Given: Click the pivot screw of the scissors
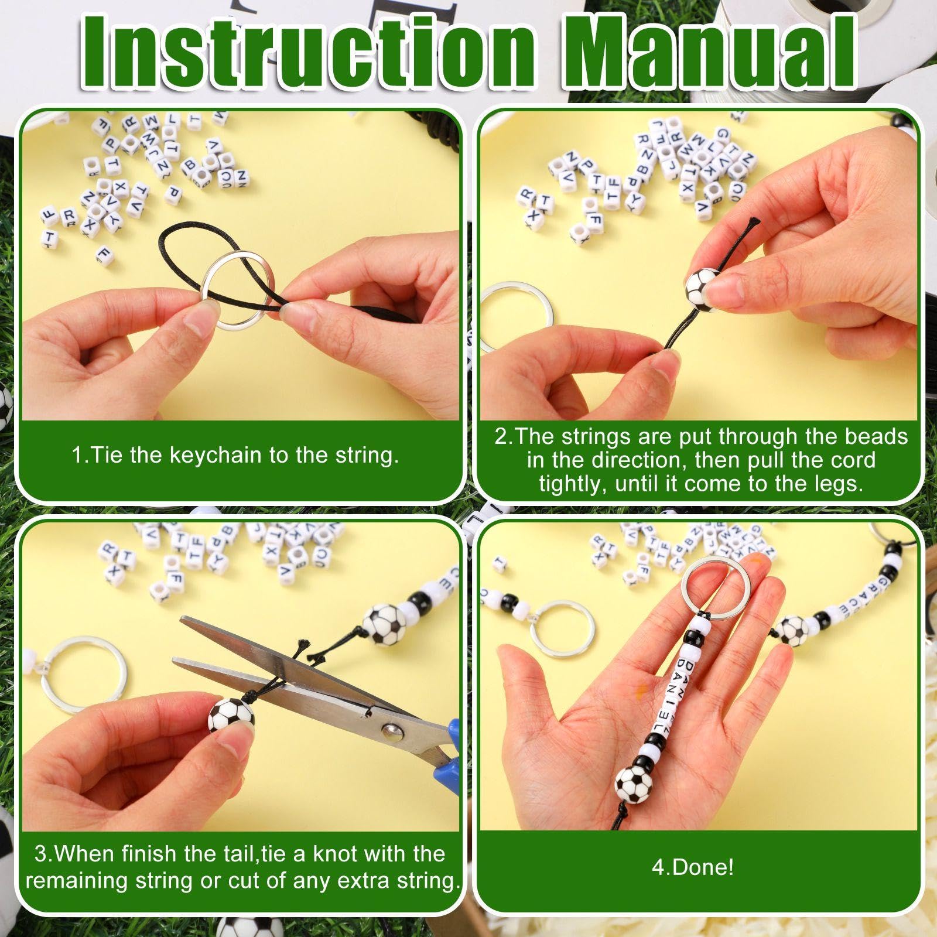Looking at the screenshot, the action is pos(390,730).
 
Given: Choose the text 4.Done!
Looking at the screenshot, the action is pos(693,867).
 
